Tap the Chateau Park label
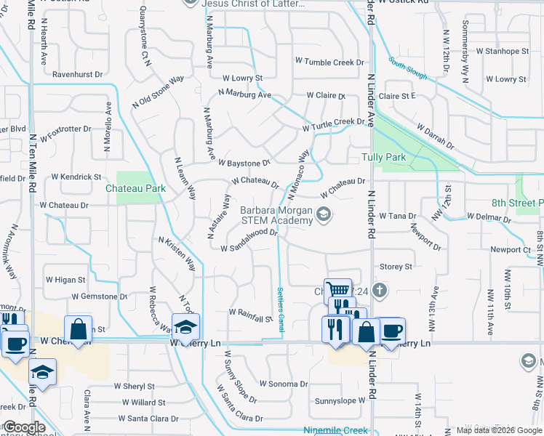pyautogui.click(x=135, y=188)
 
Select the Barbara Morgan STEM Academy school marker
pyautogui.click(x=324, y=214)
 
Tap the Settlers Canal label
pyautogui.click(x=281, y=310)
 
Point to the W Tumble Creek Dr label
pyautogui.click(x=329, y=62)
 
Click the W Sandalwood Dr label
pyautogui.click(x=249, y=241)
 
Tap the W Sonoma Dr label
pyautogui.click(x=284, y=384)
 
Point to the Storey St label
pyautogui.click(x=396, y=267)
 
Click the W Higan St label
pyautogui.click(x=65, y=279)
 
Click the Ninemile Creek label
pyautogui.click(x=336, y=430)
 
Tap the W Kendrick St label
pyautogui.click(x=76, y=177)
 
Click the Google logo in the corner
pyautogui.click(x=23, y=427)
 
